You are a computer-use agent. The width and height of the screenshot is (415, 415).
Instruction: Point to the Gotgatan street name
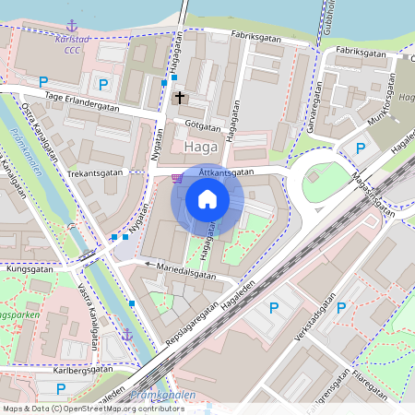[x=202, y=125]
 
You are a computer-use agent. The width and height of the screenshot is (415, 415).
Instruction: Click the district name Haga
[x=201, y=147]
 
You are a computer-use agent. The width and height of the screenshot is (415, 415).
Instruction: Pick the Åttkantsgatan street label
[x=224, y=172]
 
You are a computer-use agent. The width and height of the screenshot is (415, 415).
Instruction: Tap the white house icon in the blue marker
[x=207, y=199]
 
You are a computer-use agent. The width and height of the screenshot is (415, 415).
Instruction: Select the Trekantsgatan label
[x=96, y=173]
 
